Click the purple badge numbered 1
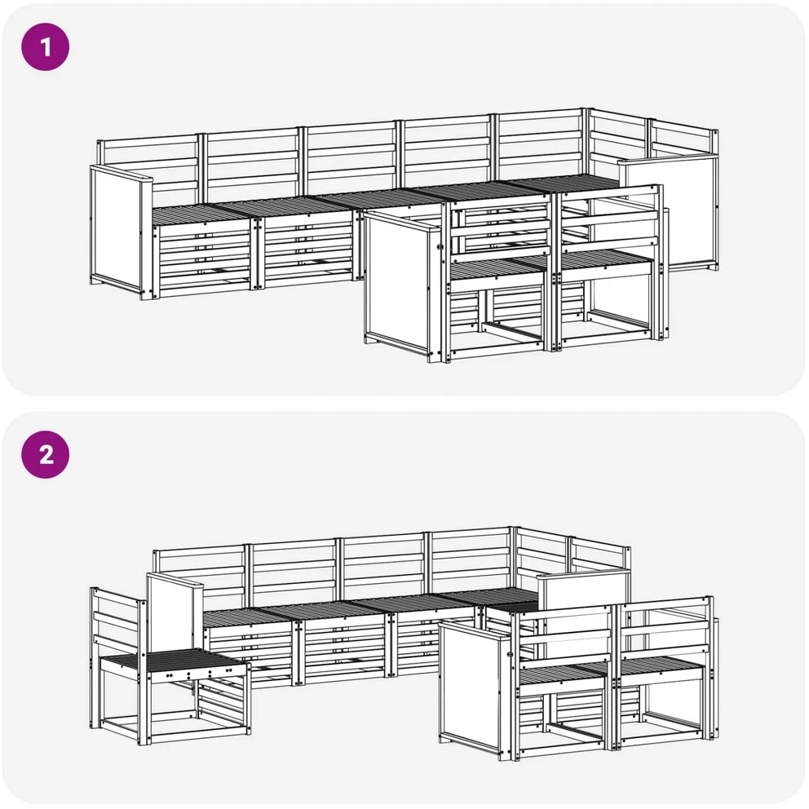[x=46, y=47]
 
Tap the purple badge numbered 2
[x=46, y=454]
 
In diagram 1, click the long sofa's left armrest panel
[x=116, y=231]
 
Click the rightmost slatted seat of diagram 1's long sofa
[x=563, y=183]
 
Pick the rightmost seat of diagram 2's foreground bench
[x=662, y=666]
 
